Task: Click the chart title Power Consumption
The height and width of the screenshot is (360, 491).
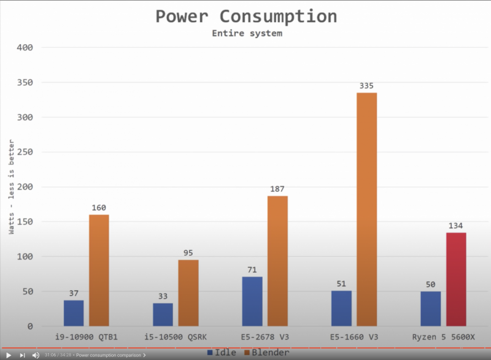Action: click(245, 16)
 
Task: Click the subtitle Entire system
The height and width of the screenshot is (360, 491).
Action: click(247, 33)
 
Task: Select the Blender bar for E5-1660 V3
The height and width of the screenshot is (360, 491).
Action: click(366, 209)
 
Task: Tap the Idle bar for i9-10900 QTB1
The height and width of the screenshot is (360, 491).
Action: click(74, 313)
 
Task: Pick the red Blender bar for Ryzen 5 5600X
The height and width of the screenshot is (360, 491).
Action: click(456, 279)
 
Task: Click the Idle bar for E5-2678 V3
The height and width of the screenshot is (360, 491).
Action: click(252, 301)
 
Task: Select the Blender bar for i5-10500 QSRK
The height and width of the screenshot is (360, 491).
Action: click(188, 293)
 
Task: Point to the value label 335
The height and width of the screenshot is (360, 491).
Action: click(366, 86)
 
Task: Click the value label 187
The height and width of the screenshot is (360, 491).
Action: click(277, 190)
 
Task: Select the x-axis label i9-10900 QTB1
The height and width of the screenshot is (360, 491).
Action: click(87, 337)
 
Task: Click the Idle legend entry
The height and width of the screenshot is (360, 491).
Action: click(221, 353)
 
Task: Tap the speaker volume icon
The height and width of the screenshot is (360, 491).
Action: click(36, 355)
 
